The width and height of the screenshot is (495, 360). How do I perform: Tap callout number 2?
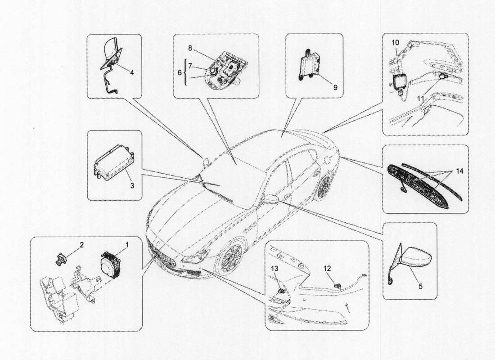(81, 245)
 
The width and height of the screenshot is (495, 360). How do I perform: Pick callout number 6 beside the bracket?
(179, 72)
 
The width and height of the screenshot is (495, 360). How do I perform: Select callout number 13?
(274, 269)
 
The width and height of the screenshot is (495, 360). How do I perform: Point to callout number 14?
(458, 171)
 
